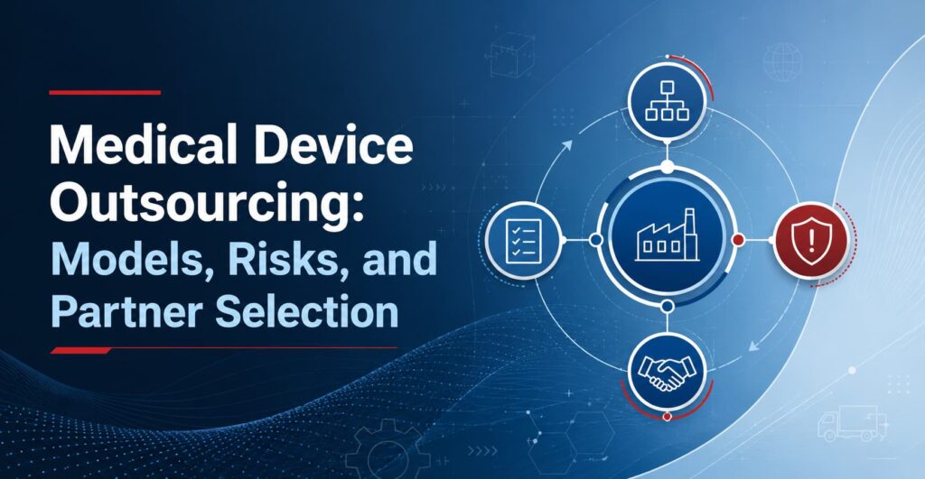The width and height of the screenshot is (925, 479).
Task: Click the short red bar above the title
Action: (x=105, y=93)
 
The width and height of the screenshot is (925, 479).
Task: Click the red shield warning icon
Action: (x=811, y=239)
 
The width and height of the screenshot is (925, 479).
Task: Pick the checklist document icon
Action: (x=523, y=240)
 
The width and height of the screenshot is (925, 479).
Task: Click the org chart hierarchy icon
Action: (x=667, y=100)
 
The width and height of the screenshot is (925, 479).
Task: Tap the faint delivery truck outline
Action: (x=852, y=423)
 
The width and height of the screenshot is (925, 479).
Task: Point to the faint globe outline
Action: (x=782, y=62)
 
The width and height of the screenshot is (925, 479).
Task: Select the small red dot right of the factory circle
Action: (x=737, y=240)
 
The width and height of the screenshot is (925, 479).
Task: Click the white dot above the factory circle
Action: (x=668, y=167)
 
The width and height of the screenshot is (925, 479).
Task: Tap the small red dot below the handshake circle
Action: (x=668, y=417)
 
